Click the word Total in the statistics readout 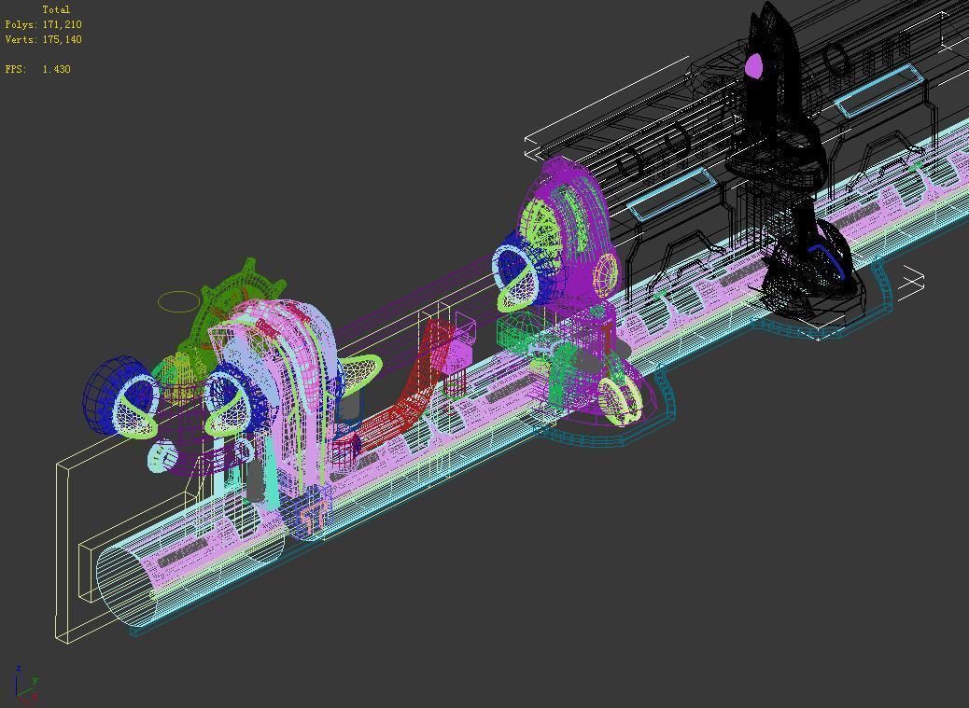56,9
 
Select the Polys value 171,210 62,24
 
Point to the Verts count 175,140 62,39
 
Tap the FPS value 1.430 56,69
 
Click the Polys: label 21,24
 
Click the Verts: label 21,39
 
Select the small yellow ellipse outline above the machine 178,301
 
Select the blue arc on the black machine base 826,257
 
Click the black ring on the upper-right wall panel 837,62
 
